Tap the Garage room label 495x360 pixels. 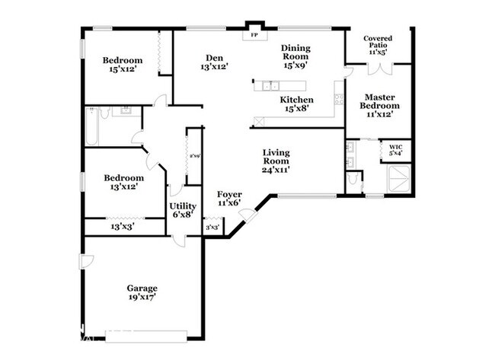click(142, 288)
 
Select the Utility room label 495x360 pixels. click(183, 206)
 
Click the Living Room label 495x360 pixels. click(276, 161)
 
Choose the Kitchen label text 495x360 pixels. click(296, 100)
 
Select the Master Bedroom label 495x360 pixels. click(378, 101)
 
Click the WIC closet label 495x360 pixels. click(395, 146)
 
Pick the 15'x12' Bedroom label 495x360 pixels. click(123, 61)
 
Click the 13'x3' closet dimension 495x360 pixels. click(123, 226)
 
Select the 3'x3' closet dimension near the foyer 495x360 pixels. click(213, 228)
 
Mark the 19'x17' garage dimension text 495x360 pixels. click(142, 298)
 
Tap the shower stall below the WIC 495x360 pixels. click(400, 179)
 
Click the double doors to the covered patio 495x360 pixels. click(378, 67)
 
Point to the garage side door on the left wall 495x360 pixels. click(86, 262)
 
